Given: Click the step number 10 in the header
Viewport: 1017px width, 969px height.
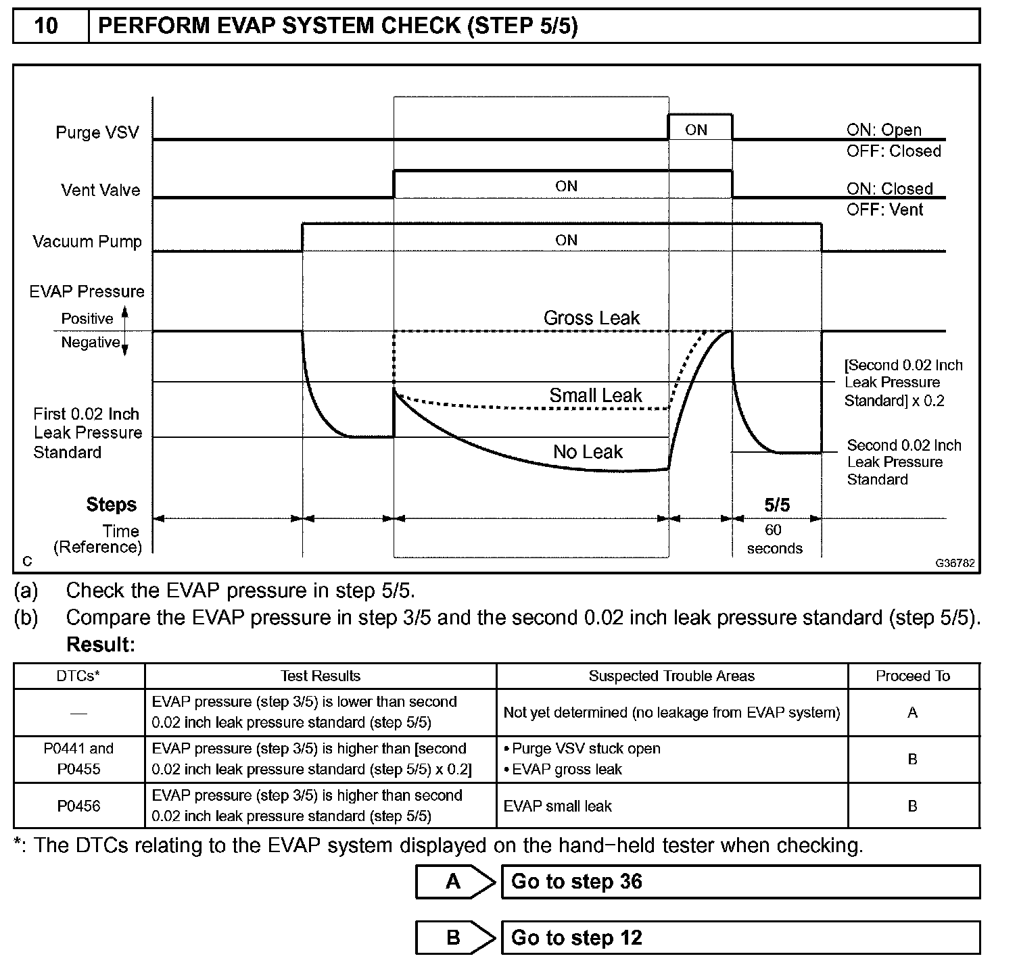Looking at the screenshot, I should pyautogui.click(x=46, y=26).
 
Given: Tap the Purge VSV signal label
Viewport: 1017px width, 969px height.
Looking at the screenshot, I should pyautogui.click(x=97, y=132).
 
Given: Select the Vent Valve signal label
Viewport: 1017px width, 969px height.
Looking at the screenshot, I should pyautogui.click(x=100, y=190).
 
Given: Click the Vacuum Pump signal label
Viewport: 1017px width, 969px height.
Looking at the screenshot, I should pyautogui.click(x=87, y=241).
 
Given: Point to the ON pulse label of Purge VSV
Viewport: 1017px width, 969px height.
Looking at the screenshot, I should pyautogui.click(x=696, y=130).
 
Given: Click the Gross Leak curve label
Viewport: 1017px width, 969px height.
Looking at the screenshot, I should pyautogui.click(x=591, y=318).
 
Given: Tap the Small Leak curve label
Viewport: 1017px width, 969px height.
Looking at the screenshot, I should pyautogui.click(x=595, y=395).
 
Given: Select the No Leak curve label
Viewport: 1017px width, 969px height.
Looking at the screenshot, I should pyautogui.click(x=588, y=451).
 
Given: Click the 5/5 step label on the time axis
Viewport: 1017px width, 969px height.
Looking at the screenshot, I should pyautogui.click(x=776, y=505).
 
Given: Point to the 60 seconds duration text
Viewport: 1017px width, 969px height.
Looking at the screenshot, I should pyautogui.click(x=774, y=539).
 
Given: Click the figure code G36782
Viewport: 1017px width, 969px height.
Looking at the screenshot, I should pyautogui.click(x=955, y=563).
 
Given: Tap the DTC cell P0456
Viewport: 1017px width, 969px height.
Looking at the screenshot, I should pyautogui.click(x=79, y=805).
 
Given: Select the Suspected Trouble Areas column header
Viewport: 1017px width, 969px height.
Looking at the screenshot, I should pyautogui.click(x=671, y=676).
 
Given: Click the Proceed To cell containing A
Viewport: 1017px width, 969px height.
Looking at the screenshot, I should pyautogui.click(x=912, y=712).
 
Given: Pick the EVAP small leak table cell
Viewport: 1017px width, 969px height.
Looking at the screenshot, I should pyautogui.click(x=558, y=805).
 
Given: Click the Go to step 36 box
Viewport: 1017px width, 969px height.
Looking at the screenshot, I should pyautogui.click(x=740, y=881).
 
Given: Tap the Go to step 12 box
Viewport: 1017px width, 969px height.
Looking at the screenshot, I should pyautogui.click(x=740, y=937).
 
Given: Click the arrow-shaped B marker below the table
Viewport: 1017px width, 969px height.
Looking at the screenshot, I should pyautogui.click(x=454, y=937).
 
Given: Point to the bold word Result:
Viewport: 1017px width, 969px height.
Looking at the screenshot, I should pyautogui.click(x=101, y=645).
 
